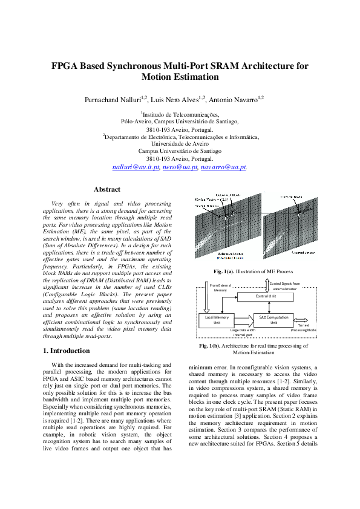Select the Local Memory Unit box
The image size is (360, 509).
215,320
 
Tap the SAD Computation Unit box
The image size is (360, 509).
273,320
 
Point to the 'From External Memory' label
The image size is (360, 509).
220,287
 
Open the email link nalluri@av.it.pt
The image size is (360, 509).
136,167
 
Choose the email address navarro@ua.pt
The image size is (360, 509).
223,167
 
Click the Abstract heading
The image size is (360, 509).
107,189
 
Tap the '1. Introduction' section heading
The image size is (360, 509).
67,351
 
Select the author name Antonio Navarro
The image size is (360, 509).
234,99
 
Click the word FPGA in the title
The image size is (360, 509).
67,66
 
